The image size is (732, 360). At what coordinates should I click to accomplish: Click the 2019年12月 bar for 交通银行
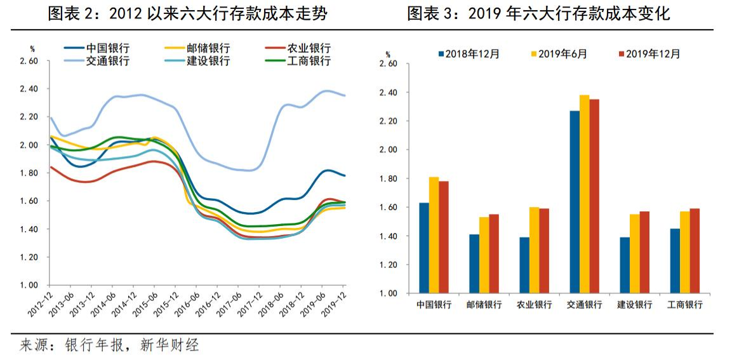594,196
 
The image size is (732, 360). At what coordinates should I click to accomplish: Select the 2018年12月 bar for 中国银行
423,248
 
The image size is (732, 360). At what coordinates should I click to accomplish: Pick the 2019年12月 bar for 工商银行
695,251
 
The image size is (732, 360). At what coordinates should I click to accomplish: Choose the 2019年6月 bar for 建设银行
634,253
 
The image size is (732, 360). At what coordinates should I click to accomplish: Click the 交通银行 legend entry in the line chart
108,62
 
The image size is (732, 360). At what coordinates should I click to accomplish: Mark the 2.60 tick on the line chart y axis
29,62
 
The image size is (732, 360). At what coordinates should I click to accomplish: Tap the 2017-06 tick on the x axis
231,302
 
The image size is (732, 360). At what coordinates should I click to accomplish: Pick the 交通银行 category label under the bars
584,305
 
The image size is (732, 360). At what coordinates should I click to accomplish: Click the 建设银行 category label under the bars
635,305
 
